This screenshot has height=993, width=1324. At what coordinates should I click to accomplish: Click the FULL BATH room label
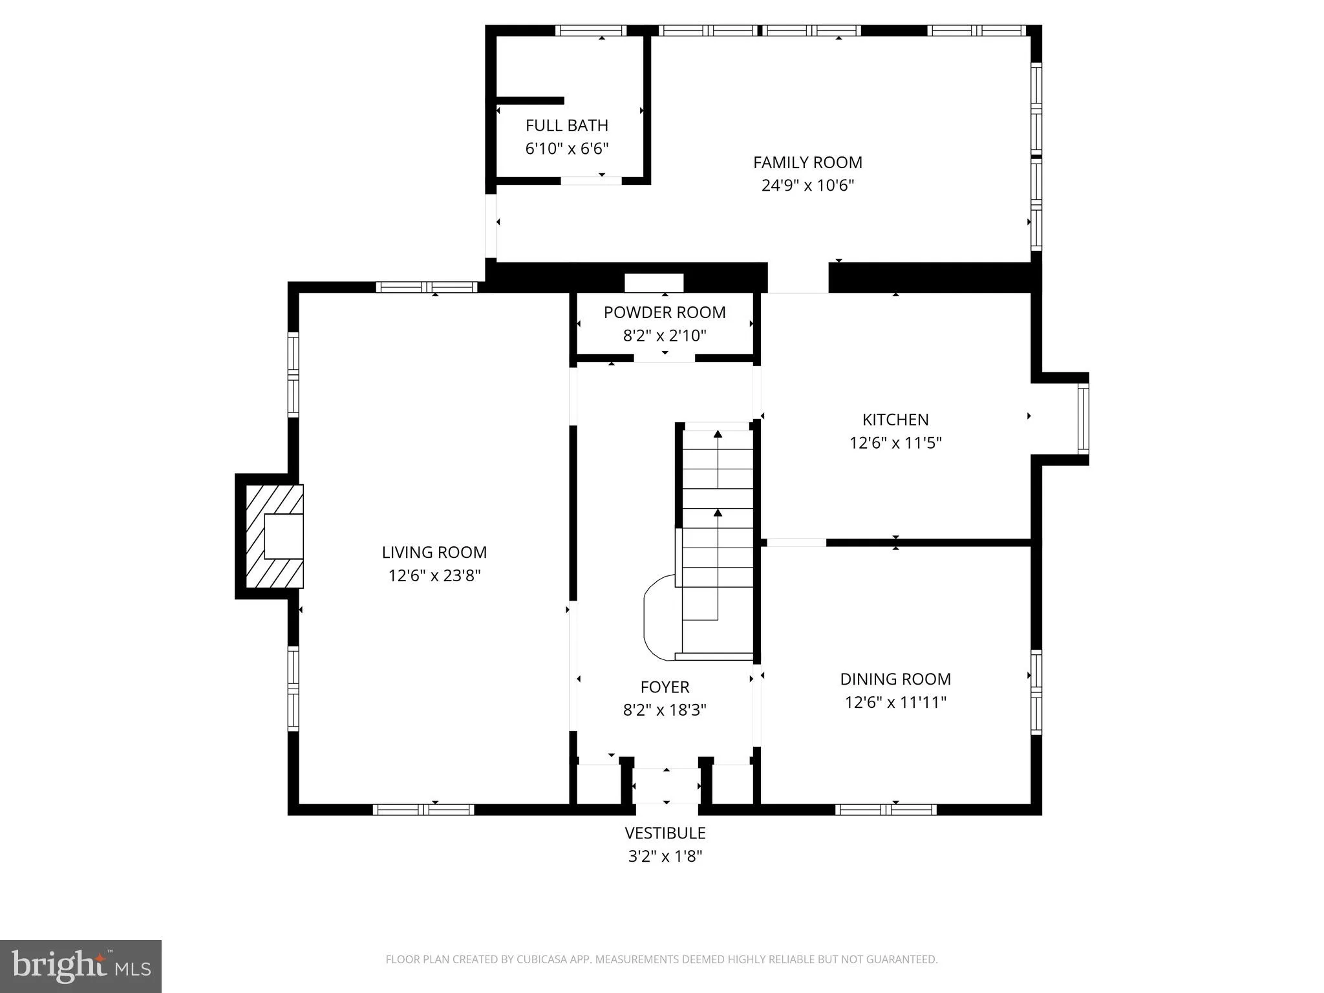coord(566,125)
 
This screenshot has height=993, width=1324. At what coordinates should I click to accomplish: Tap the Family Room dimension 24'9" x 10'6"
coord(807,186)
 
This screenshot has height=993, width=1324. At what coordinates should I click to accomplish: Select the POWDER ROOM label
coord(664,312)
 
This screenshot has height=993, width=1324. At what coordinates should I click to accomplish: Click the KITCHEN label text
coord(895,420)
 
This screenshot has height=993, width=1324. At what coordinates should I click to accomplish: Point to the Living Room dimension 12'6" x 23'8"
coord(434,575)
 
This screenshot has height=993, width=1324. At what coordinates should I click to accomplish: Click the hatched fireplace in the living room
coord(274,537)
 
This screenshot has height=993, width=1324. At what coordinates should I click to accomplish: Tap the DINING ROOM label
coord(895,679)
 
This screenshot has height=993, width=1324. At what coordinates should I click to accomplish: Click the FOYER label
coord(664,687)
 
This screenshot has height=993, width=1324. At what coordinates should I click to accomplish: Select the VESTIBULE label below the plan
coord(665,833)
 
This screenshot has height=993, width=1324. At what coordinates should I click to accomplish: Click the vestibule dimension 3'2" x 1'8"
coord(665,857)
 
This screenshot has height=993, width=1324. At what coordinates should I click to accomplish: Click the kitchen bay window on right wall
coord(1083,418)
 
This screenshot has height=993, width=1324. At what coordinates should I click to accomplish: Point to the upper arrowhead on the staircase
coord(718,434)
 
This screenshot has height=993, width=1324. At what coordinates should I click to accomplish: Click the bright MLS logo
coord(81,966)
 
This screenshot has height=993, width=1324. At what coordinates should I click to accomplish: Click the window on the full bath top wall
coord(590,30)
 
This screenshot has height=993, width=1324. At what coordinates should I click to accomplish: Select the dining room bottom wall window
coord(885,809)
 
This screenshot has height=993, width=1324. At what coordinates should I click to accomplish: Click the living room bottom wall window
coord(423,809)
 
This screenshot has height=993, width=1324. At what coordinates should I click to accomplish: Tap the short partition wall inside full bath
coord(530,100)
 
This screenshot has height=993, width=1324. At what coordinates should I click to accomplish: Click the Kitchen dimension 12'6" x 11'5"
coord(895,443)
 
